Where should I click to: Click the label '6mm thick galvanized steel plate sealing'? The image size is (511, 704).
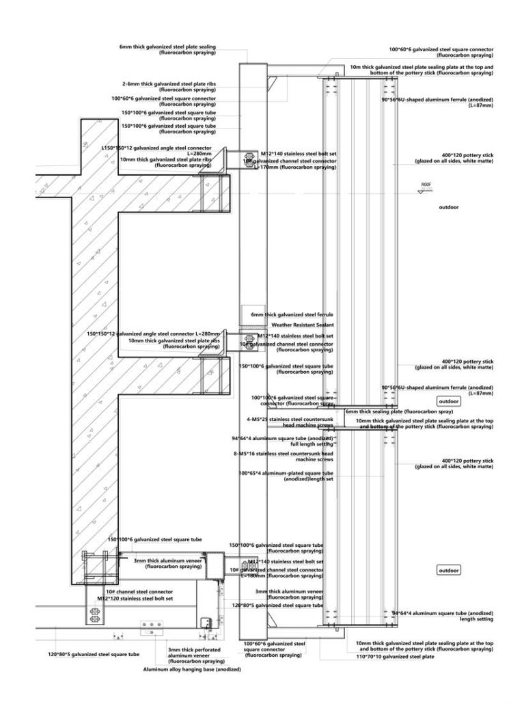[x=167, y=46]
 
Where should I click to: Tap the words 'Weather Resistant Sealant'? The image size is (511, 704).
[x=302, y=325]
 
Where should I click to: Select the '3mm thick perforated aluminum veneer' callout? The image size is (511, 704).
[x=196, y=653]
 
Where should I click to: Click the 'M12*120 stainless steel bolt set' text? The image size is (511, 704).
[x=135, y=598]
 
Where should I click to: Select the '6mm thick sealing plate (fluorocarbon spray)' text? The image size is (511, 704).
[x=398, y=412]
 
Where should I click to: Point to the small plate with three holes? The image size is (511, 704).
[x=150, y=624]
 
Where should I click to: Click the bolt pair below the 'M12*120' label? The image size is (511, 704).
[x=94, y=614]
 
